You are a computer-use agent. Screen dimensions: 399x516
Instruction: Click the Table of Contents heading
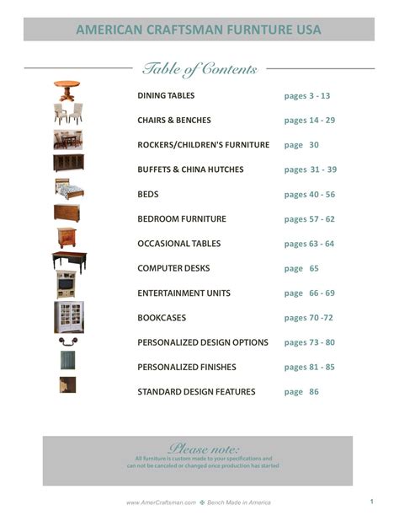point(199,69)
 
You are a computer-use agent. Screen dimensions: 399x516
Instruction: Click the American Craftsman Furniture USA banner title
point(199,30)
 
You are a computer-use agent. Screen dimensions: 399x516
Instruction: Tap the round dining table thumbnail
point(67,89)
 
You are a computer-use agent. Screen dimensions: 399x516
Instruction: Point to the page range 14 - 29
point(310,120)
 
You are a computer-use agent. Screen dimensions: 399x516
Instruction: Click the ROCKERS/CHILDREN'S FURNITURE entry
point(204,145)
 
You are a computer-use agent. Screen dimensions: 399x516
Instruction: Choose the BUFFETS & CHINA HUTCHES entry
point(190,169)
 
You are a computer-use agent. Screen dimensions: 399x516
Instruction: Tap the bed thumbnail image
point(68,187)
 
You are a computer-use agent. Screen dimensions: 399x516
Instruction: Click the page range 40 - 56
point(310,194)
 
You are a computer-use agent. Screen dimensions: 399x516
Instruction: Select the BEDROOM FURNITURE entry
point(182,219)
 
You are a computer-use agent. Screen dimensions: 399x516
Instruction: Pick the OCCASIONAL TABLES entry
point(179,244)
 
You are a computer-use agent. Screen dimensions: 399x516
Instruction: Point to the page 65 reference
point(301,268)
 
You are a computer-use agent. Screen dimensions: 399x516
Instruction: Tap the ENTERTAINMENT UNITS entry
point(184,293)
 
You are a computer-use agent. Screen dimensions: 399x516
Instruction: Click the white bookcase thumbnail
point(68,317)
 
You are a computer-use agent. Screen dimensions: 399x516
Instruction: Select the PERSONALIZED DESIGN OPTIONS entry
point(203,342)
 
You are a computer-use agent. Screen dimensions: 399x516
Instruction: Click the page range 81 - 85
point(310,367)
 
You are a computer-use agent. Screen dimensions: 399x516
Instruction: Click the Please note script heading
point(204,448)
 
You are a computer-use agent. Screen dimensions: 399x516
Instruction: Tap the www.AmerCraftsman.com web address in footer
point(161,503)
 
